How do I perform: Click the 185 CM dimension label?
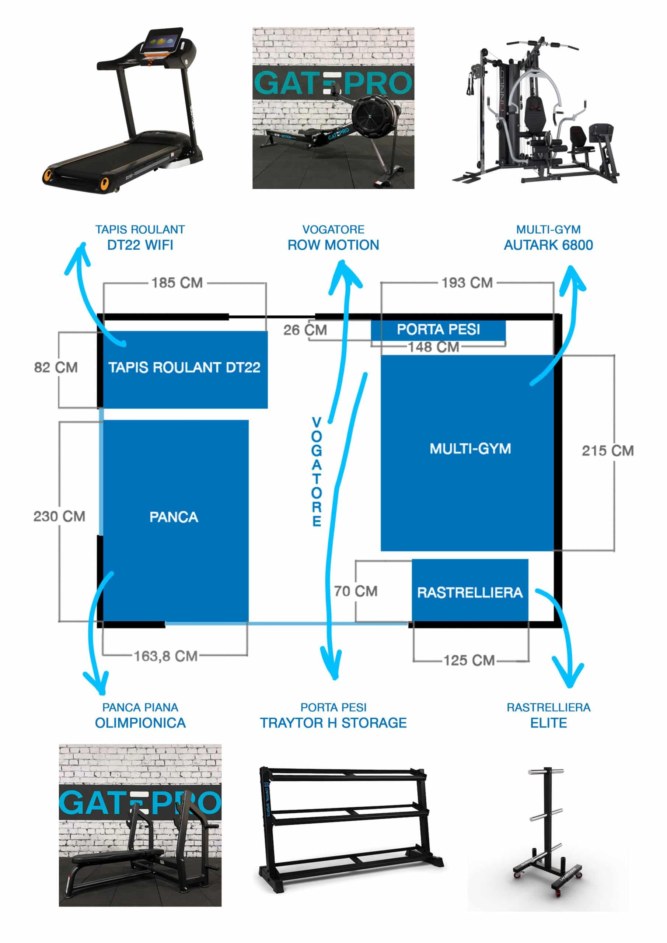coord(177,283)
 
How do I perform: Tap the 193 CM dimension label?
coord(467,283)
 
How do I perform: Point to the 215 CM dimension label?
coord(607,451)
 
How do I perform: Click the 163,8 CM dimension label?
coord(165,656)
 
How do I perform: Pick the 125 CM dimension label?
coord(469,660)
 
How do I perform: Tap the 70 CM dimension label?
coord(356,591)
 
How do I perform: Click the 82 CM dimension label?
coord(56,367)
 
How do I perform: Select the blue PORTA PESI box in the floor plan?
coord(438,329)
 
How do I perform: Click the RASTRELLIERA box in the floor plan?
coord(470,592)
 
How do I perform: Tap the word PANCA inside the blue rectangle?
coord(174,517)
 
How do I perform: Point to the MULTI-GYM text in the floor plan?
coord(470,449)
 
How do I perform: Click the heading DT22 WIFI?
coord(140,245)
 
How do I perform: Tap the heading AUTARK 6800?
coord(548,245)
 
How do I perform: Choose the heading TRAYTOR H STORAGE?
coord(333,723)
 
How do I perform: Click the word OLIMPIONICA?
coord(140,723)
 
